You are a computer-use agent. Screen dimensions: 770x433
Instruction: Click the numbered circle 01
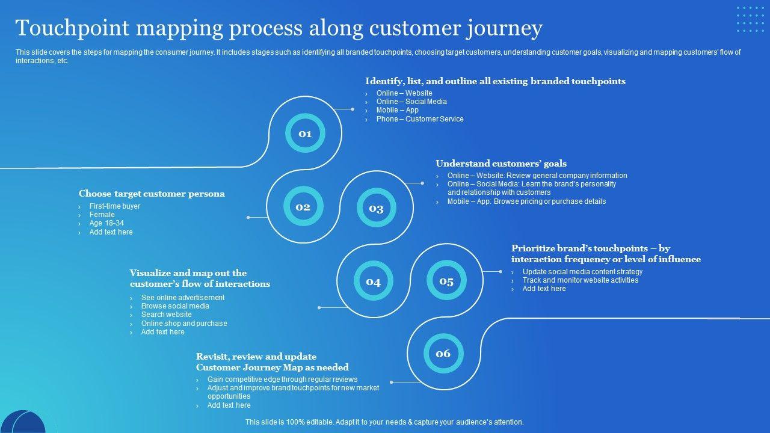tap(305, 133)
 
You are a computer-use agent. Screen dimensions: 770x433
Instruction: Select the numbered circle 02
tap(303, 206)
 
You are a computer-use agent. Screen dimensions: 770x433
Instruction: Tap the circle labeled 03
tap(377, 207)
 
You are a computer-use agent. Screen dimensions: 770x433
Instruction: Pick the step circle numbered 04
tap(374, 281)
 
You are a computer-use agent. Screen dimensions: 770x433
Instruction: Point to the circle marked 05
tap(446, 280)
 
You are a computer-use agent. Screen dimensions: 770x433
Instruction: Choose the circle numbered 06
tap(443, 353)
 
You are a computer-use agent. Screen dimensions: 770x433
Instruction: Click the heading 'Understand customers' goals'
tap(501, 164)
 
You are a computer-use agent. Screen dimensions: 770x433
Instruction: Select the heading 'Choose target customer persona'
tap(152, 194)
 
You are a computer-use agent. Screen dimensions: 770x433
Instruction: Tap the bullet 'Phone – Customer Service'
tap(420, 119)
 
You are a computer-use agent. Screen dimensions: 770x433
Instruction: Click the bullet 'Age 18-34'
tap(106, 223)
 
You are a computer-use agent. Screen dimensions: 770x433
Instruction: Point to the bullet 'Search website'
tap(167, 315)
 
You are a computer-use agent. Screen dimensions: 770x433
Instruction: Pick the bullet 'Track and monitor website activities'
tap(581, 280)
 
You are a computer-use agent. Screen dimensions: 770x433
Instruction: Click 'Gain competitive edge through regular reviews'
tap(282, 379)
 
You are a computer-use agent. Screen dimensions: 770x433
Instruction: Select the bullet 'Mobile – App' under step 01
tap(398, 110)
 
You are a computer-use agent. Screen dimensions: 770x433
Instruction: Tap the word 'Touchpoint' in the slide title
tap(72, 28)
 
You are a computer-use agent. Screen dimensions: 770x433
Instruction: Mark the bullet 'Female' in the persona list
tap(102, 215)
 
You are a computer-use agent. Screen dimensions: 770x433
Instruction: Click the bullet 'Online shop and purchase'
tap(184, 324)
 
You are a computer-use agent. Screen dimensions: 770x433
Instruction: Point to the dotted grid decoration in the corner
tap(750, 19)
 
